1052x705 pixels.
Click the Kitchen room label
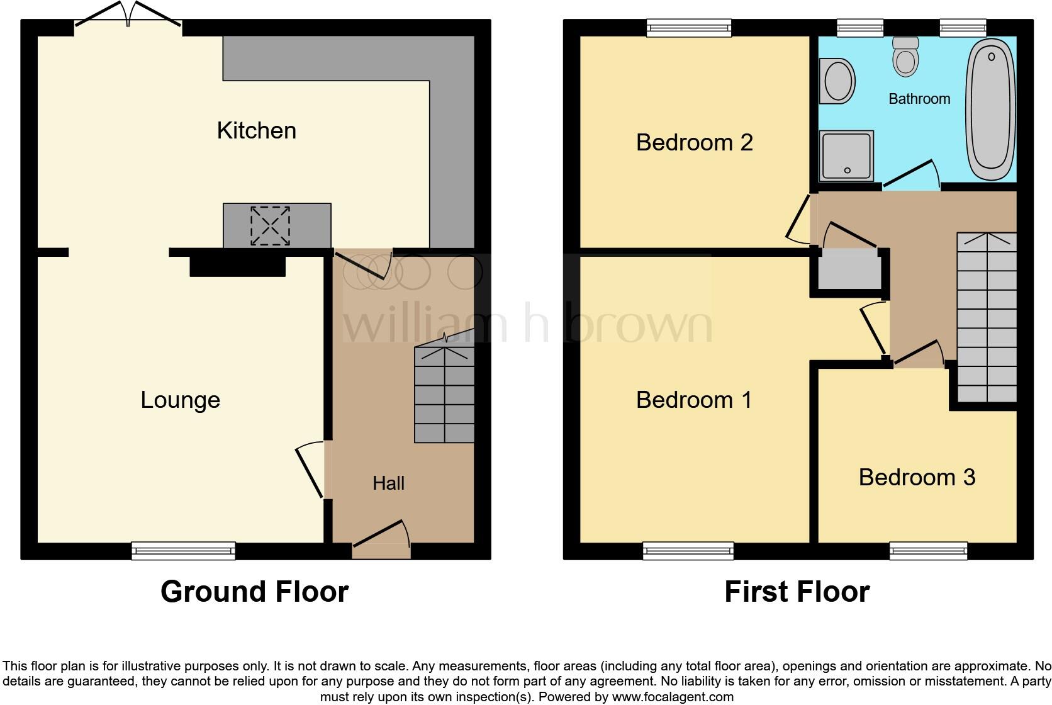tap(256, 130)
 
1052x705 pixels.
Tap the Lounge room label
tap(180, 400)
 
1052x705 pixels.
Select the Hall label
tap(388, 483)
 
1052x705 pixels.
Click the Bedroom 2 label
tap(694, 142)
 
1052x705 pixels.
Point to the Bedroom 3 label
tap(917, 477)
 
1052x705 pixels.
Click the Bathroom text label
tap(919, 99)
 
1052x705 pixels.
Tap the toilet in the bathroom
tap(905, 57)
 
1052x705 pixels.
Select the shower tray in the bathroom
tap(846, 155)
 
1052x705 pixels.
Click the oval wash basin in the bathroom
tap(837, 81)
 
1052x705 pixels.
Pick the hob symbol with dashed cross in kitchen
tap(271, 225)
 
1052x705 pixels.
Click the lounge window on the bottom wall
tap(183, 551)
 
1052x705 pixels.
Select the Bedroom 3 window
tap(928, 551)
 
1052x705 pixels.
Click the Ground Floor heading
tap(254, 592)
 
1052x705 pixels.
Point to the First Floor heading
tap(797, 592)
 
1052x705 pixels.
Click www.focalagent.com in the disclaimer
tap(672, 697)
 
